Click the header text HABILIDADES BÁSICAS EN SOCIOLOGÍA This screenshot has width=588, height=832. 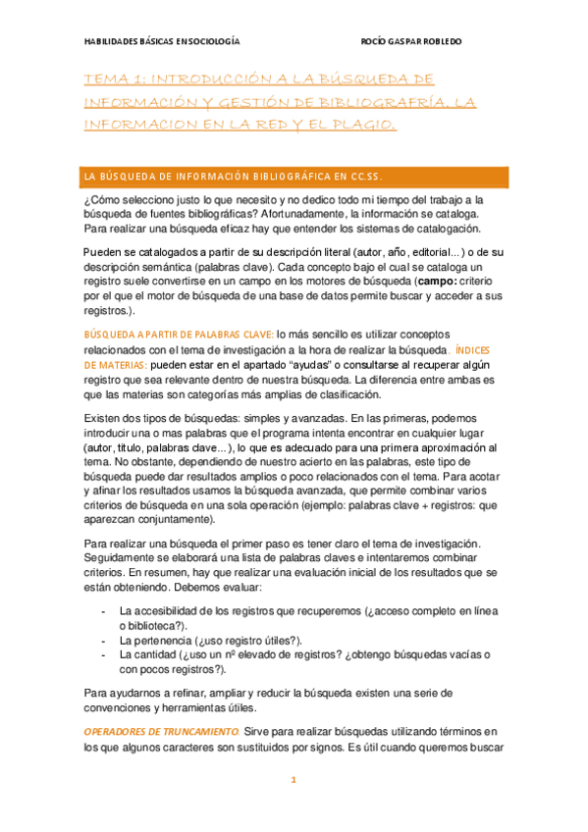click(161, 42)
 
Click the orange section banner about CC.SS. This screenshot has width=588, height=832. click(294, 177)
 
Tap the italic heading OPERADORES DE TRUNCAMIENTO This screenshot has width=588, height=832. click(161, 732)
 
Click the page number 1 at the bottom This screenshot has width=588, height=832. click(293, 780)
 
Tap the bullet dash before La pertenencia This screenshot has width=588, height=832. click(104, 640)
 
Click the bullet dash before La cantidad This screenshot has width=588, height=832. click(104, 654)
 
